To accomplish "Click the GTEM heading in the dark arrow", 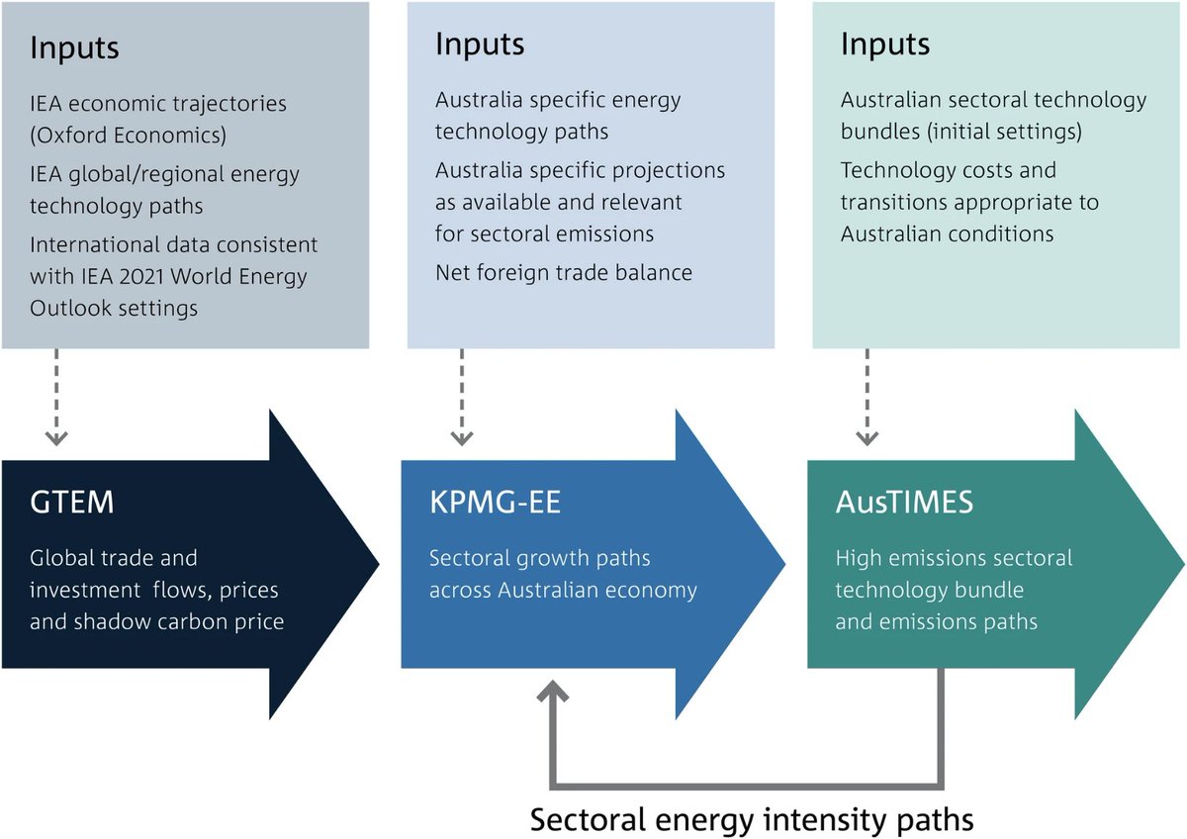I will click(x=73, y=503).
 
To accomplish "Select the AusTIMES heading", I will click(x=904, y=503).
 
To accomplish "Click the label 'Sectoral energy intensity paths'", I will click(x=752, y=820).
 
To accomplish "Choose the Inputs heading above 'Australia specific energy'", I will click(x=480, y=45).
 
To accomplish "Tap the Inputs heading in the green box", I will click(x=885, y=45).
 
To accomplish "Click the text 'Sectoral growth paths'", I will click(x=539, y=558).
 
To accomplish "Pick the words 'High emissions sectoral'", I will click(x=954, y=558).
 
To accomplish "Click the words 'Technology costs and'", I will click(x=948, y=170).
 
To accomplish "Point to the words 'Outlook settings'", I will click(x=114, y=308).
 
